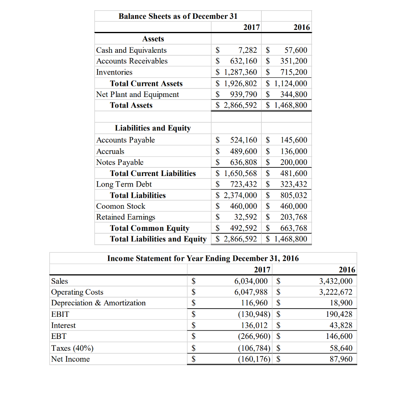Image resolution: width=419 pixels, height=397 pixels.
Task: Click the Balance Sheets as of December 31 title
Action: point(178,16)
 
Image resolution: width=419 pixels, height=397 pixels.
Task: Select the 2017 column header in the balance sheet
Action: point(251,27)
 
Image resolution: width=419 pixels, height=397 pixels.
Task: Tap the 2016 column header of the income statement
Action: point(347,270)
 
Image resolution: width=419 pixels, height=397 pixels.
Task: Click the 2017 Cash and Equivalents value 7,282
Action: point(248,50)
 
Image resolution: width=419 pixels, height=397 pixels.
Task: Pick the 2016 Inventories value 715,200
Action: point(293,72)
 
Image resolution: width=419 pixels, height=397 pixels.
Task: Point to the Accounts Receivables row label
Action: point(132,61)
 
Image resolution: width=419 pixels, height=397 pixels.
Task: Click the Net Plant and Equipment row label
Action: point(137,95)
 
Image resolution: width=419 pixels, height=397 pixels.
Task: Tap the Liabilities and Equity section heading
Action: point(153,128)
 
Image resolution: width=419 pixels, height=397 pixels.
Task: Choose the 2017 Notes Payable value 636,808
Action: point(244,162)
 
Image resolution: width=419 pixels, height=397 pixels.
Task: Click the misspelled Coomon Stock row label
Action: point(121,206)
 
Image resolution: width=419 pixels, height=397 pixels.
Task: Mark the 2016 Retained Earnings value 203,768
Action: point(293,217)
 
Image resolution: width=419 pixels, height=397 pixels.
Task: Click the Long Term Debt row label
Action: point(124,184)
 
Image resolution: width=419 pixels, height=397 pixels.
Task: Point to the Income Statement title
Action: point(203,259)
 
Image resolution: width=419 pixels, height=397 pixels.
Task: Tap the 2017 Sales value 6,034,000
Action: point(251,281)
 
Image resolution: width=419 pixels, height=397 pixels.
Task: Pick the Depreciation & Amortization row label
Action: point(98,303)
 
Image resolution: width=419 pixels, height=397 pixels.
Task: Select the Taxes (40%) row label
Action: point(72,348)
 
